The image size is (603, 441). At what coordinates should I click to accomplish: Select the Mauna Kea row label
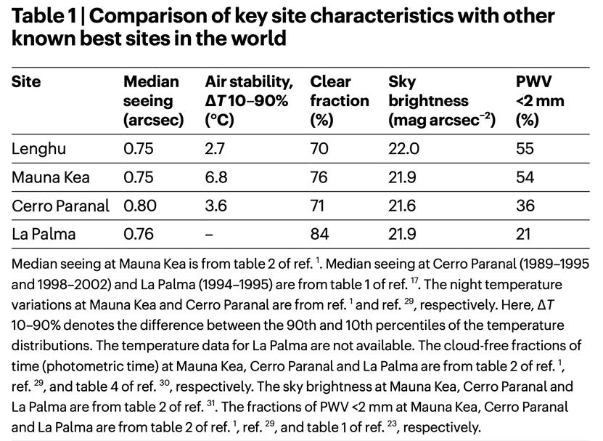pos(49,177)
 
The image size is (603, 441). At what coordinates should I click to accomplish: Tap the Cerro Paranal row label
pos(60,206)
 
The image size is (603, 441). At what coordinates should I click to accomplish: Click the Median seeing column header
pos(153,100)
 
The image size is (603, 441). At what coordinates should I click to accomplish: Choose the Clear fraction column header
pos(340,100)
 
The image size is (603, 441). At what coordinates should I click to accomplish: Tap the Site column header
pos(26,81)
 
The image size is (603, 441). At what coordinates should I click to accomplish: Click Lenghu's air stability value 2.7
pos(216,149)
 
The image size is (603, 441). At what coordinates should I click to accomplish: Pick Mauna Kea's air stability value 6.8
pos(216,177)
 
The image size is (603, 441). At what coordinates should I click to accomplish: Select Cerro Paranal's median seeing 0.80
pos(140,206)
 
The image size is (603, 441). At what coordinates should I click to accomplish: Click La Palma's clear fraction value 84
pos(319,234)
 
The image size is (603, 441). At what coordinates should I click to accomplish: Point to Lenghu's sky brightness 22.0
pos(404,149)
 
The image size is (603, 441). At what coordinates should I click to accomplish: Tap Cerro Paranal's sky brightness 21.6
pos(403,206)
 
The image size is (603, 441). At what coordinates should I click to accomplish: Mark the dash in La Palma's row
pos(209,234)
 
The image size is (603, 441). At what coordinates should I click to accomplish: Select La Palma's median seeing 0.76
pos(140,234)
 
